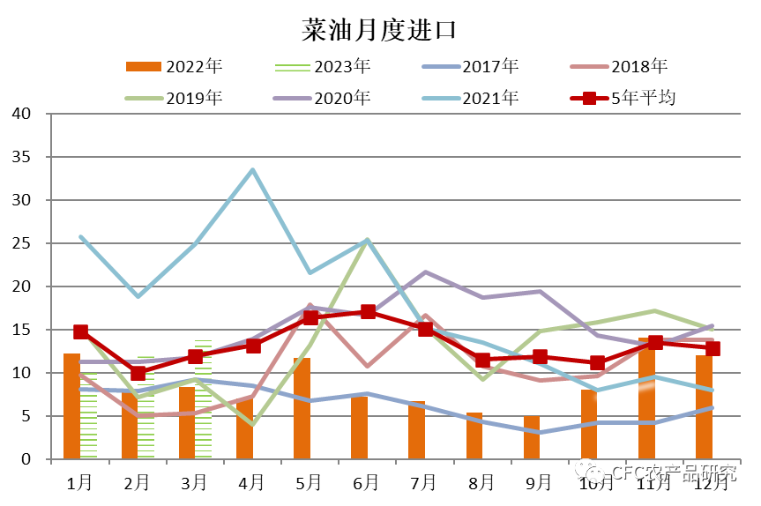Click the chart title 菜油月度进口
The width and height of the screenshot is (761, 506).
click(379, 29)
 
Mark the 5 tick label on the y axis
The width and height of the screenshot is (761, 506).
click(26, 416)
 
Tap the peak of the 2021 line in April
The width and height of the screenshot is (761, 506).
click(253, 170)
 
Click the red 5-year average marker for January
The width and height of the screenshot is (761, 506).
click(80, 331)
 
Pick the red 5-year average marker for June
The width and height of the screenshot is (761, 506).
click(368, 312)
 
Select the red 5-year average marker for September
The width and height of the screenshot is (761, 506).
click(540, 357)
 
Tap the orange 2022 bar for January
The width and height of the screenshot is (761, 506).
click(71, 406)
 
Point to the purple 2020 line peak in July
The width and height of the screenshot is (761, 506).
click(425, 272)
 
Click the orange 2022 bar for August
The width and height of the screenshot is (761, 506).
click(474, 435)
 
